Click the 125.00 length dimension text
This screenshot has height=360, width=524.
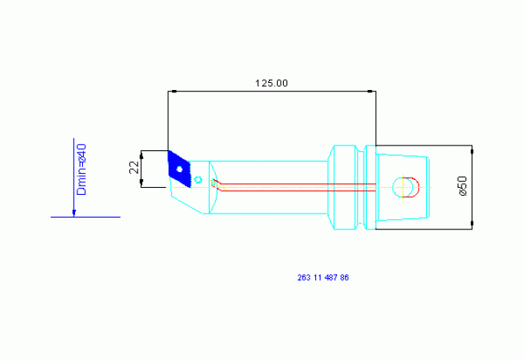271,83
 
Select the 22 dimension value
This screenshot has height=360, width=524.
134,167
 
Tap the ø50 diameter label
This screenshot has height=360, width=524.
462,185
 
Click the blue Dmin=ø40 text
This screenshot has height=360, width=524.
81,170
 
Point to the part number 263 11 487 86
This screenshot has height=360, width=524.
323,278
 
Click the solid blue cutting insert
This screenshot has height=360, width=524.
179,169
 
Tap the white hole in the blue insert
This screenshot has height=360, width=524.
179,169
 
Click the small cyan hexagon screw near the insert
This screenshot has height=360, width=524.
198,180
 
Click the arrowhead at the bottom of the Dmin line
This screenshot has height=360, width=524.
74,213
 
